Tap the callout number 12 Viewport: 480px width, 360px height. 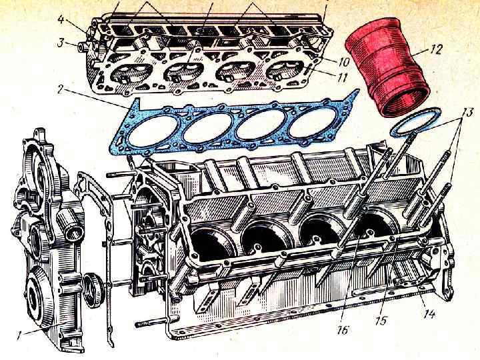point(436,49)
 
